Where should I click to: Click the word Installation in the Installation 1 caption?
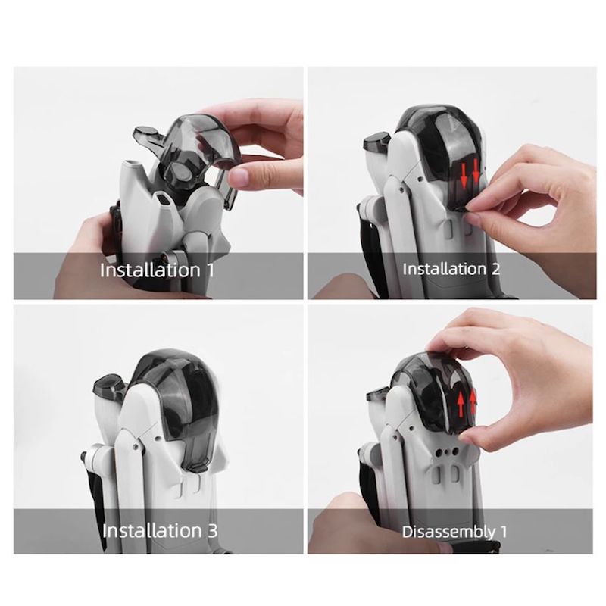point(150,270)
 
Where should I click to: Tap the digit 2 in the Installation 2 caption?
point(495,269)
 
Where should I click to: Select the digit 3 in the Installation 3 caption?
point(212,531)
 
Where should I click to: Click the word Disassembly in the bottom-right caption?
point(448,532)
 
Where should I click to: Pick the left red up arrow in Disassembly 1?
point(461,404)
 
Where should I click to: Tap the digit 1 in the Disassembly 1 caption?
point(503,532)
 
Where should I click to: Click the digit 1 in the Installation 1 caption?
point(210,270)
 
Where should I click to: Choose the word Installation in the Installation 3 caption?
point(152,531)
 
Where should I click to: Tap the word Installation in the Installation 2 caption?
point(444,269)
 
